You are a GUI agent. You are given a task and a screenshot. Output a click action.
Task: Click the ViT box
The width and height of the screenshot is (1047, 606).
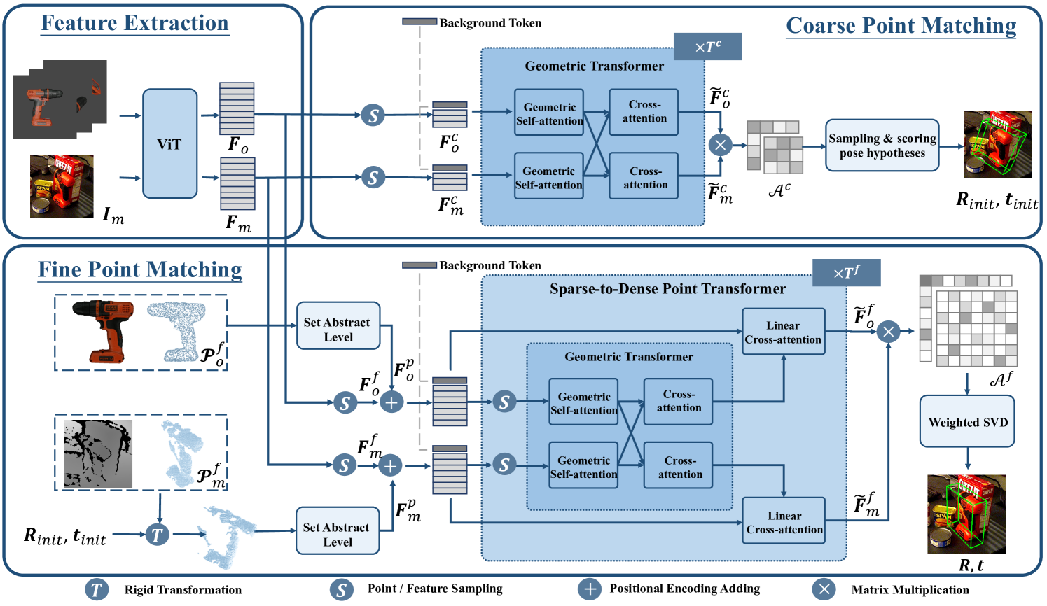(169, 143)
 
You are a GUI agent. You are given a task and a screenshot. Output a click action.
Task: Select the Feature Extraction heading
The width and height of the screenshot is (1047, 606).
(134, 23)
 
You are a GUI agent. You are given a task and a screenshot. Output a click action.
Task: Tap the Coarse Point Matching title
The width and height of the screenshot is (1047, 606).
(901, 26)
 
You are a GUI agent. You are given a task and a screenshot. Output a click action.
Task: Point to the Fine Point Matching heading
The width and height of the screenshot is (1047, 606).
(140, 269)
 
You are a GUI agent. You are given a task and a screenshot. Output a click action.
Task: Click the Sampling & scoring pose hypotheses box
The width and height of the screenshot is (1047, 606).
(882, 146)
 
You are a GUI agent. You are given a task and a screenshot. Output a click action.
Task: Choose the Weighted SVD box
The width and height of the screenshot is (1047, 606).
(967, 422)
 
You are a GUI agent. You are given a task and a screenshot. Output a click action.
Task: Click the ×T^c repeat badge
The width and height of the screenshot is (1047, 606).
(707, 47)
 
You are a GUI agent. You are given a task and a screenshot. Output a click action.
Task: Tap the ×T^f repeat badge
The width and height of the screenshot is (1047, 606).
(846, 272)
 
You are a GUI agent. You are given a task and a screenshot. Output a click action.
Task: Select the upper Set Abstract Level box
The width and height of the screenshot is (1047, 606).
(338, 326)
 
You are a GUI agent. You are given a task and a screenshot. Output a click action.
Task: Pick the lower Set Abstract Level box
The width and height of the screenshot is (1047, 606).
(337, 531)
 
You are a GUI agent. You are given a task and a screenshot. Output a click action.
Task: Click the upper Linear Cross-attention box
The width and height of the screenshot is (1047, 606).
(783, 332)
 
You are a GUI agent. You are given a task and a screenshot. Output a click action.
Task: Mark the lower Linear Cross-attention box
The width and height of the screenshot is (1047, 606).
(784, 522)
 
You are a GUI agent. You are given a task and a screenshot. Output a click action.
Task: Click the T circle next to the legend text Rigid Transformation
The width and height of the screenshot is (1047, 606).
(97, 589)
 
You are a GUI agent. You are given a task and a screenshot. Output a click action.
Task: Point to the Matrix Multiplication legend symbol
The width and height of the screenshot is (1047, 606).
(824, 589)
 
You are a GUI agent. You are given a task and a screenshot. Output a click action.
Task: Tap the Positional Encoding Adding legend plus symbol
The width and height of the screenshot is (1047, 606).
(590, 589)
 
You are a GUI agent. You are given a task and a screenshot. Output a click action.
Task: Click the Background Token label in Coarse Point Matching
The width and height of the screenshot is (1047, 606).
(490, 23)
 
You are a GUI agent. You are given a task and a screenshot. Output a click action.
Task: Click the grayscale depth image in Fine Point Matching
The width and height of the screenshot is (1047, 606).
(97, 453)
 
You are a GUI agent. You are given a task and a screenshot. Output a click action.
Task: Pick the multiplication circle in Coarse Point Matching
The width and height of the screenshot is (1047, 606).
(720, 145)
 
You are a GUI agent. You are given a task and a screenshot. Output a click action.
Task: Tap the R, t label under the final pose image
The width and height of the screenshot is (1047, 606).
(971, 565)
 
